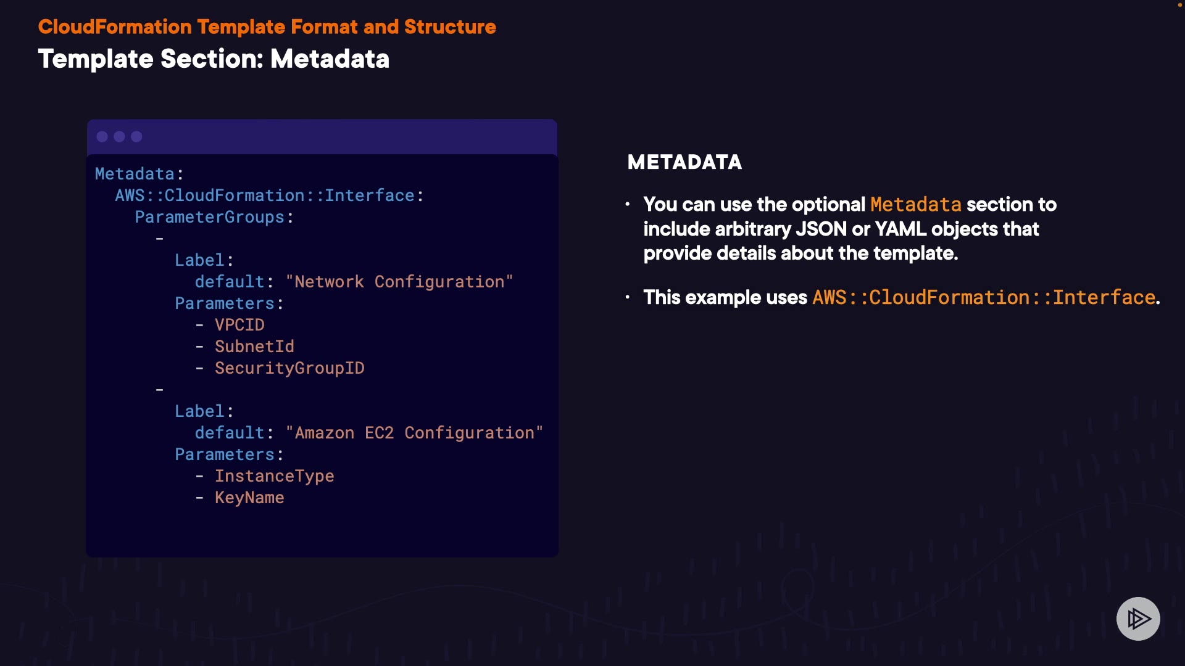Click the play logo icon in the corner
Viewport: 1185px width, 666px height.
1138,619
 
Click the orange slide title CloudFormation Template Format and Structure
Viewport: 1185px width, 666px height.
267,27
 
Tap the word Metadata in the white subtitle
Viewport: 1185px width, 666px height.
330,59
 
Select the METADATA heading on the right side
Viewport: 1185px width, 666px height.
684,162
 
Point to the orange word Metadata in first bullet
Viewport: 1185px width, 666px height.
915,205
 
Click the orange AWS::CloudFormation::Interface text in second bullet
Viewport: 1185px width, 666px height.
984,298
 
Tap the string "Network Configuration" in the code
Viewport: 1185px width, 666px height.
399,282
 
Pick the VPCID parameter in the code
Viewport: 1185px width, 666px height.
239,325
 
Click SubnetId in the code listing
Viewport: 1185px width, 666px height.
254,347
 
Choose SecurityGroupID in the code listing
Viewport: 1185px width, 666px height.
289,368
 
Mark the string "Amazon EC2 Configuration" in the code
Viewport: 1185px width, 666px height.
414,433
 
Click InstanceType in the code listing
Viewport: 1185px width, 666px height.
274,476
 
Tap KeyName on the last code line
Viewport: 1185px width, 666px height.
249,498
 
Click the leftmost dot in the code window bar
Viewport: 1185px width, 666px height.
102,137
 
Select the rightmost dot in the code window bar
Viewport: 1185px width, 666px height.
137,137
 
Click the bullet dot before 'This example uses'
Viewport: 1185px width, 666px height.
628,297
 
